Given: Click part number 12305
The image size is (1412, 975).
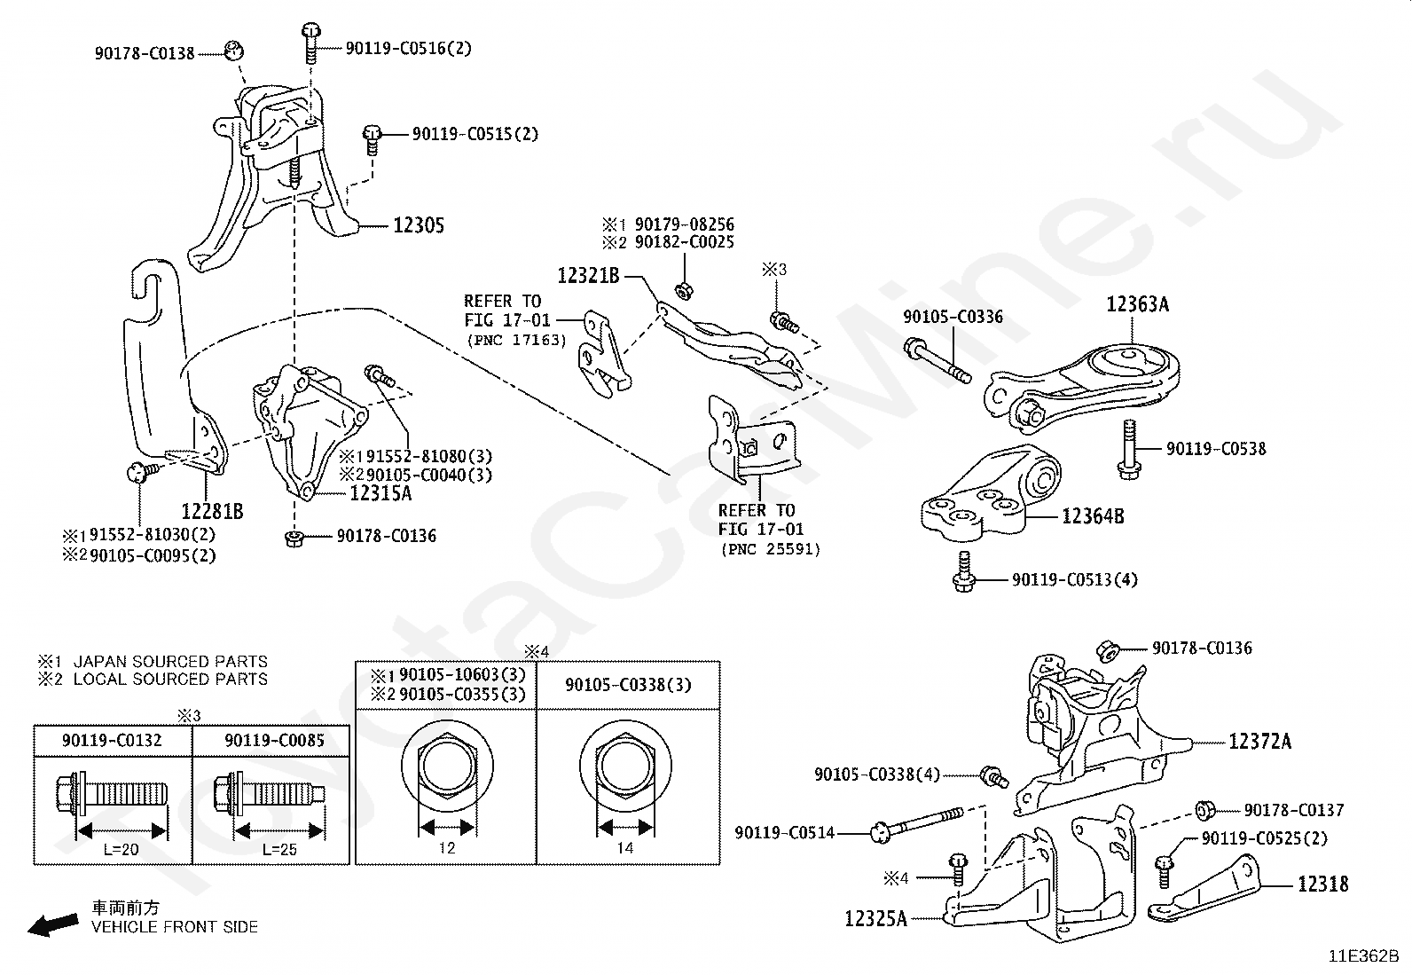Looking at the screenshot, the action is [x=419, y=225].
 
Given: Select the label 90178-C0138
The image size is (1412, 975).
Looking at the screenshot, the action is [x=145, y=53].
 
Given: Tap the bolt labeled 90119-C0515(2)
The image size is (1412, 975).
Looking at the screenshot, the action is [x=372, y=139].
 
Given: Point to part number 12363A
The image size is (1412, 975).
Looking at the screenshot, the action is [x=1137, y=304].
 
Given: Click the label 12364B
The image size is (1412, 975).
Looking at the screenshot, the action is [x=1093, y=516].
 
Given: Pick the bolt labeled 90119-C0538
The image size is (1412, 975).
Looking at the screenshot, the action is [x=1129, y=451].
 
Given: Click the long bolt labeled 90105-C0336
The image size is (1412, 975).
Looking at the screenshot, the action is [x=937, y=361].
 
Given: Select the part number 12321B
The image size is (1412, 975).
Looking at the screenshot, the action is [x=588, y=276].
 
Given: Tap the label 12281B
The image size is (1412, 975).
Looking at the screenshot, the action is [x=212, y=512].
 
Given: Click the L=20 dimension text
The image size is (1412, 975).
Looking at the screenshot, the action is [x=121, y=849].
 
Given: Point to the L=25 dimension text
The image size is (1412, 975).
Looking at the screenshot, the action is [x=279, y=849].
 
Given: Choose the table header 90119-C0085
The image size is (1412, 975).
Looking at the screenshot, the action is [x=274, y=741].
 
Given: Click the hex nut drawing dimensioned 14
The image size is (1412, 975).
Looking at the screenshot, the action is [x=625, y=766].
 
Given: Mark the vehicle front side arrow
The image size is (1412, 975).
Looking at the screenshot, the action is [x=53, y=924].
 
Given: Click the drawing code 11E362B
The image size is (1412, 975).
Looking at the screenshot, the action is [x=1363, y=956].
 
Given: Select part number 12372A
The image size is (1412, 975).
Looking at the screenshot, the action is [x=1259, y=742].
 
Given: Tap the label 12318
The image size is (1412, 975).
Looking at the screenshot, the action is [x=1322, y=885].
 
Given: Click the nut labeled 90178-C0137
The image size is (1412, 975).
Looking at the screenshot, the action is [x=1204, y=810].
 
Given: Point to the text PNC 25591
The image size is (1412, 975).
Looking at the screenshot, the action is [x=770, y=549].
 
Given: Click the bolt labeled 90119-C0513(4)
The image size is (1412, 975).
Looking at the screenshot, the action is [x=963, y=572].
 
